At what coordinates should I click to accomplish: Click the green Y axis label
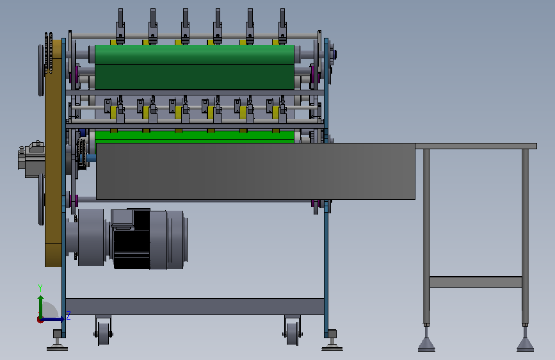(x=40, y=288)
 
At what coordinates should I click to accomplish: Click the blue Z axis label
(x=68, y=315)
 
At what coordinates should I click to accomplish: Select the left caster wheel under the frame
(x=103, y=332)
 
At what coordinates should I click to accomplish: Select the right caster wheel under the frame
(x=293, y=332)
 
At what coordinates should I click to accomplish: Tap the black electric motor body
(x=132, y=239)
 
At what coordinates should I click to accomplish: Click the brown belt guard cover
(x=53, y=153)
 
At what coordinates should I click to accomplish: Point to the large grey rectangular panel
(x=255, y=172)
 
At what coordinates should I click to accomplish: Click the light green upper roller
(x=195, y=54)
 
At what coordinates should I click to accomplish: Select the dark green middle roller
(x=195, y=77)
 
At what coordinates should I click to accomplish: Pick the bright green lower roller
(x=195, y=137)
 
